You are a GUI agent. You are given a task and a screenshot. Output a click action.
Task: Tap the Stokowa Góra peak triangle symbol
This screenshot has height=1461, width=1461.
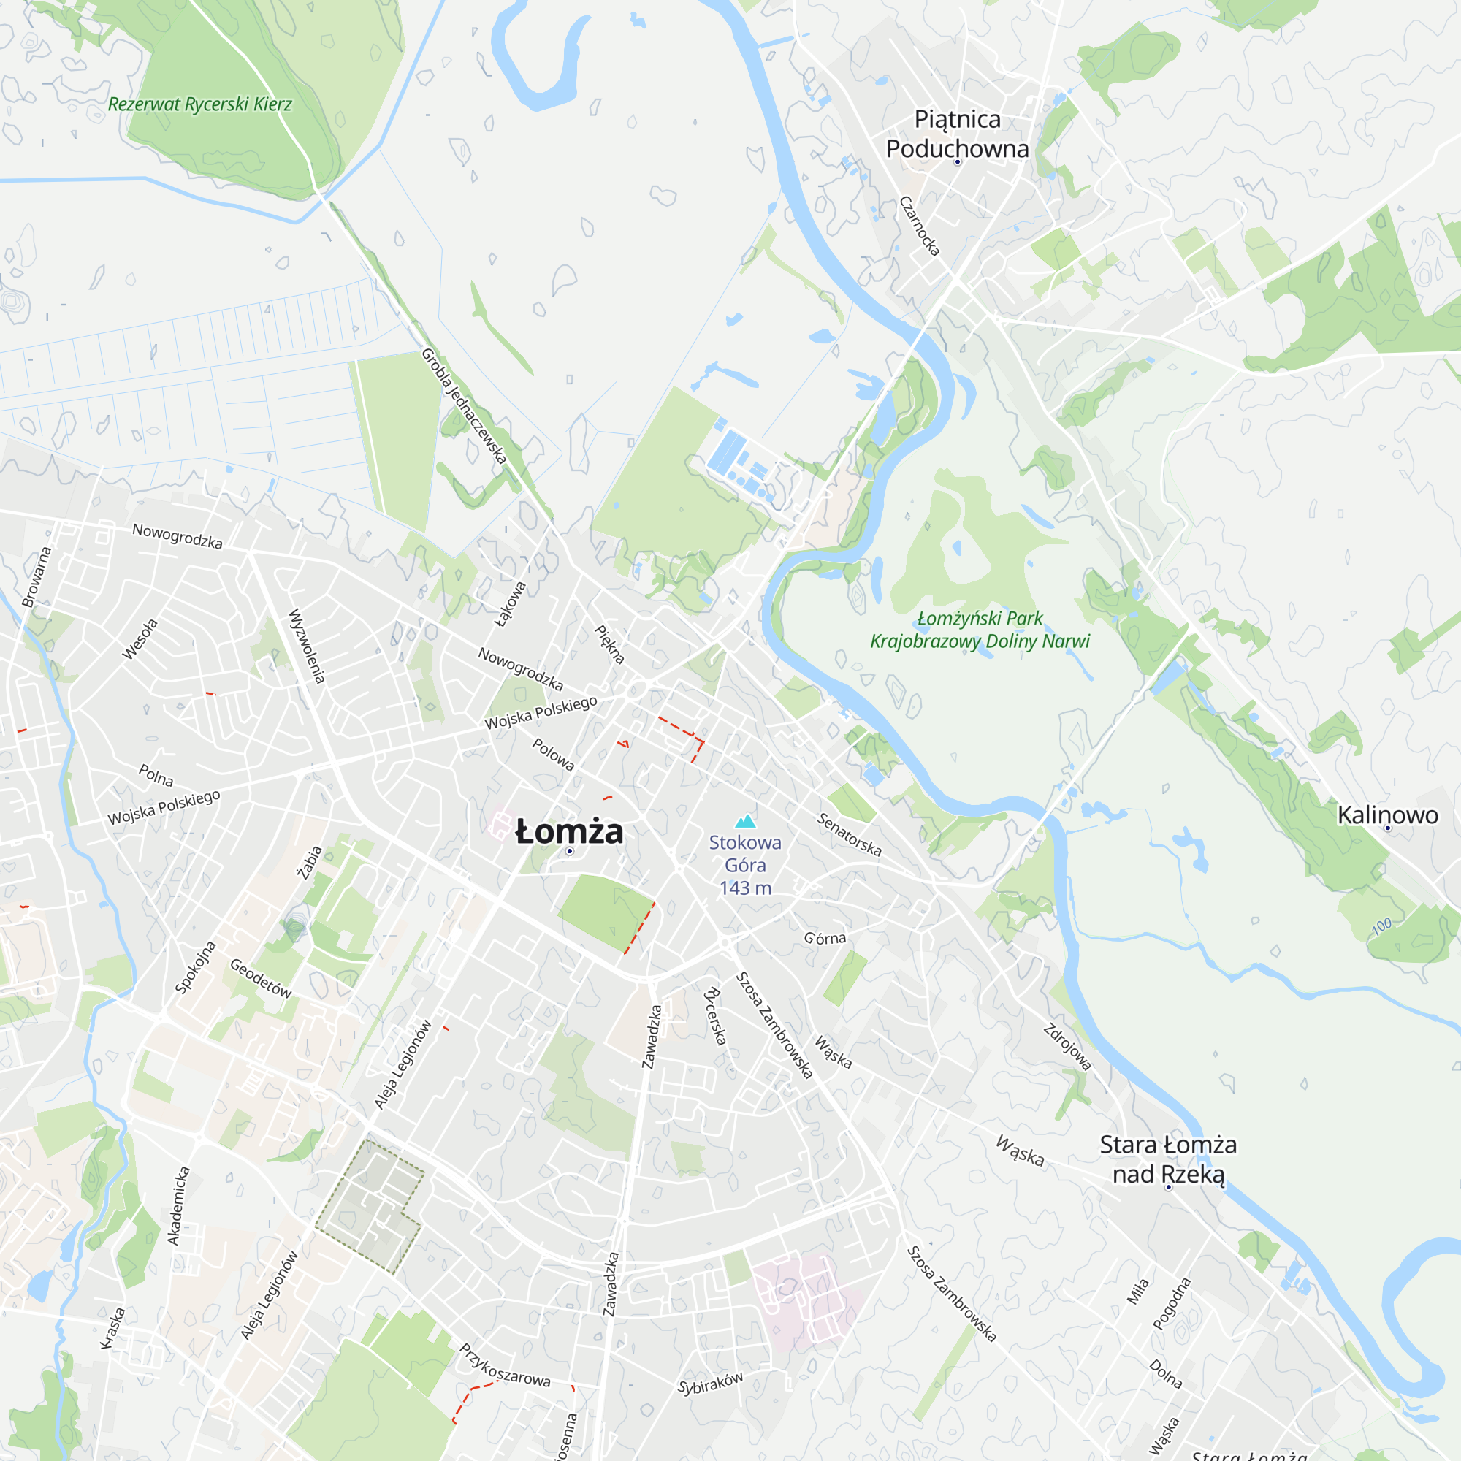tap(746, 821)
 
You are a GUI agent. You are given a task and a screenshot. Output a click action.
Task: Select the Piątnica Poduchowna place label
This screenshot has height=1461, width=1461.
tap(958, 134)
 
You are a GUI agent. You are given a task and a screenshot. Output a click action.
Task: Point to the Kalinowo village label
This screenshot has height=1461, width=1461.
tap(1388, 815)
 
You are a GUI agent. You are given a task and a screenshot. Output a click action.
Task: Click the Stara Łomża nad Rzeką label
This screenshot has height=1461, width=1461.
tap(1167, 1159)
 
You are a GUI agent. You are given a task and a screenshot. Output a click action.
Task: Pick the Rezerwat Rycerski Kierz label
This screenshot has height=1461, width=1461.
tap(199, 104)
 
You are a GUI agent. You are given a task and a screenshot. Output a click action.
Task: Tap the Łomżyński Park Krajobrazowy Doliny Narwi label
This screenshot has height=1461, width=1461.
tap(980, 630)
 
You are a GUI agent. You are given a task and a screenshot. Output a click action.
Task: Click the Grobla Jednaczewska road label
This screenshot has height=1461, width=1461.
tap(463, 406)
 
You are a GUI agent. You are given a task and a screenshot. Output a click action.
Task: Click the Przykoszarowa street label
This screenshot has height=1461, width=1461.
tap(504, 1365)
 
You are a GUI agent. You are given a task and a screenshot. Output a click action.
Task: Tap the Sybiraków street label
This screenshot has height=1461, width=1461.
tap(710, 1383)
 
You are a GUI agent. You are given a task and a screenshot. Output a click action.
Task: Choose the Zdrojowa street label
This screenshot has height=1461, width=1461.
tap(1067, 1048)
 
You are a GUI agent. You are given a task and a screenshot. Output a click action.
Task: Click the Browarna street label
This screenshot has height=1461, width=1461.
tap(37, 577)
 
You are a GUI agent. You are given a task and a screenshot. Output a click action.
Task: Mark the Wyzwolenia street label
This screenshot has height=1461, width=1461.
tap(307, 646)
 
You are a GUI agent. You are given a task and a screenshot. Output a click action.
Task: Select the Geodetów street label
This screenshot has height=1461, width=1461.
tap(260, 979)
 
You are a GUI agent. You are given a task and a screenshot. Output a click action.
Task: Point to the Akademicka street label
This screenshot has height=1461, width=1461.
tap(178, 1205)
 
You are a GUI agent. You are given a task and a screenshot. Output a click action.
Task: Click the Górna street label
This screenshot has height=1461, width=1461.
tap(825, 939)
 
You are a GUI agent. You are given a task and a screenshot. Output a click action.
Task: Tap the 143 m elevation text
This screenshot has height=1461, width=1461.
tap(746, 888)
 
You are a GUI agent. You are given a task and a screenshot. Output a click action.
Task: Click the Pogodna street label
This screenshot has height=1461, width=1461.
tap(1172, 1303)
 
